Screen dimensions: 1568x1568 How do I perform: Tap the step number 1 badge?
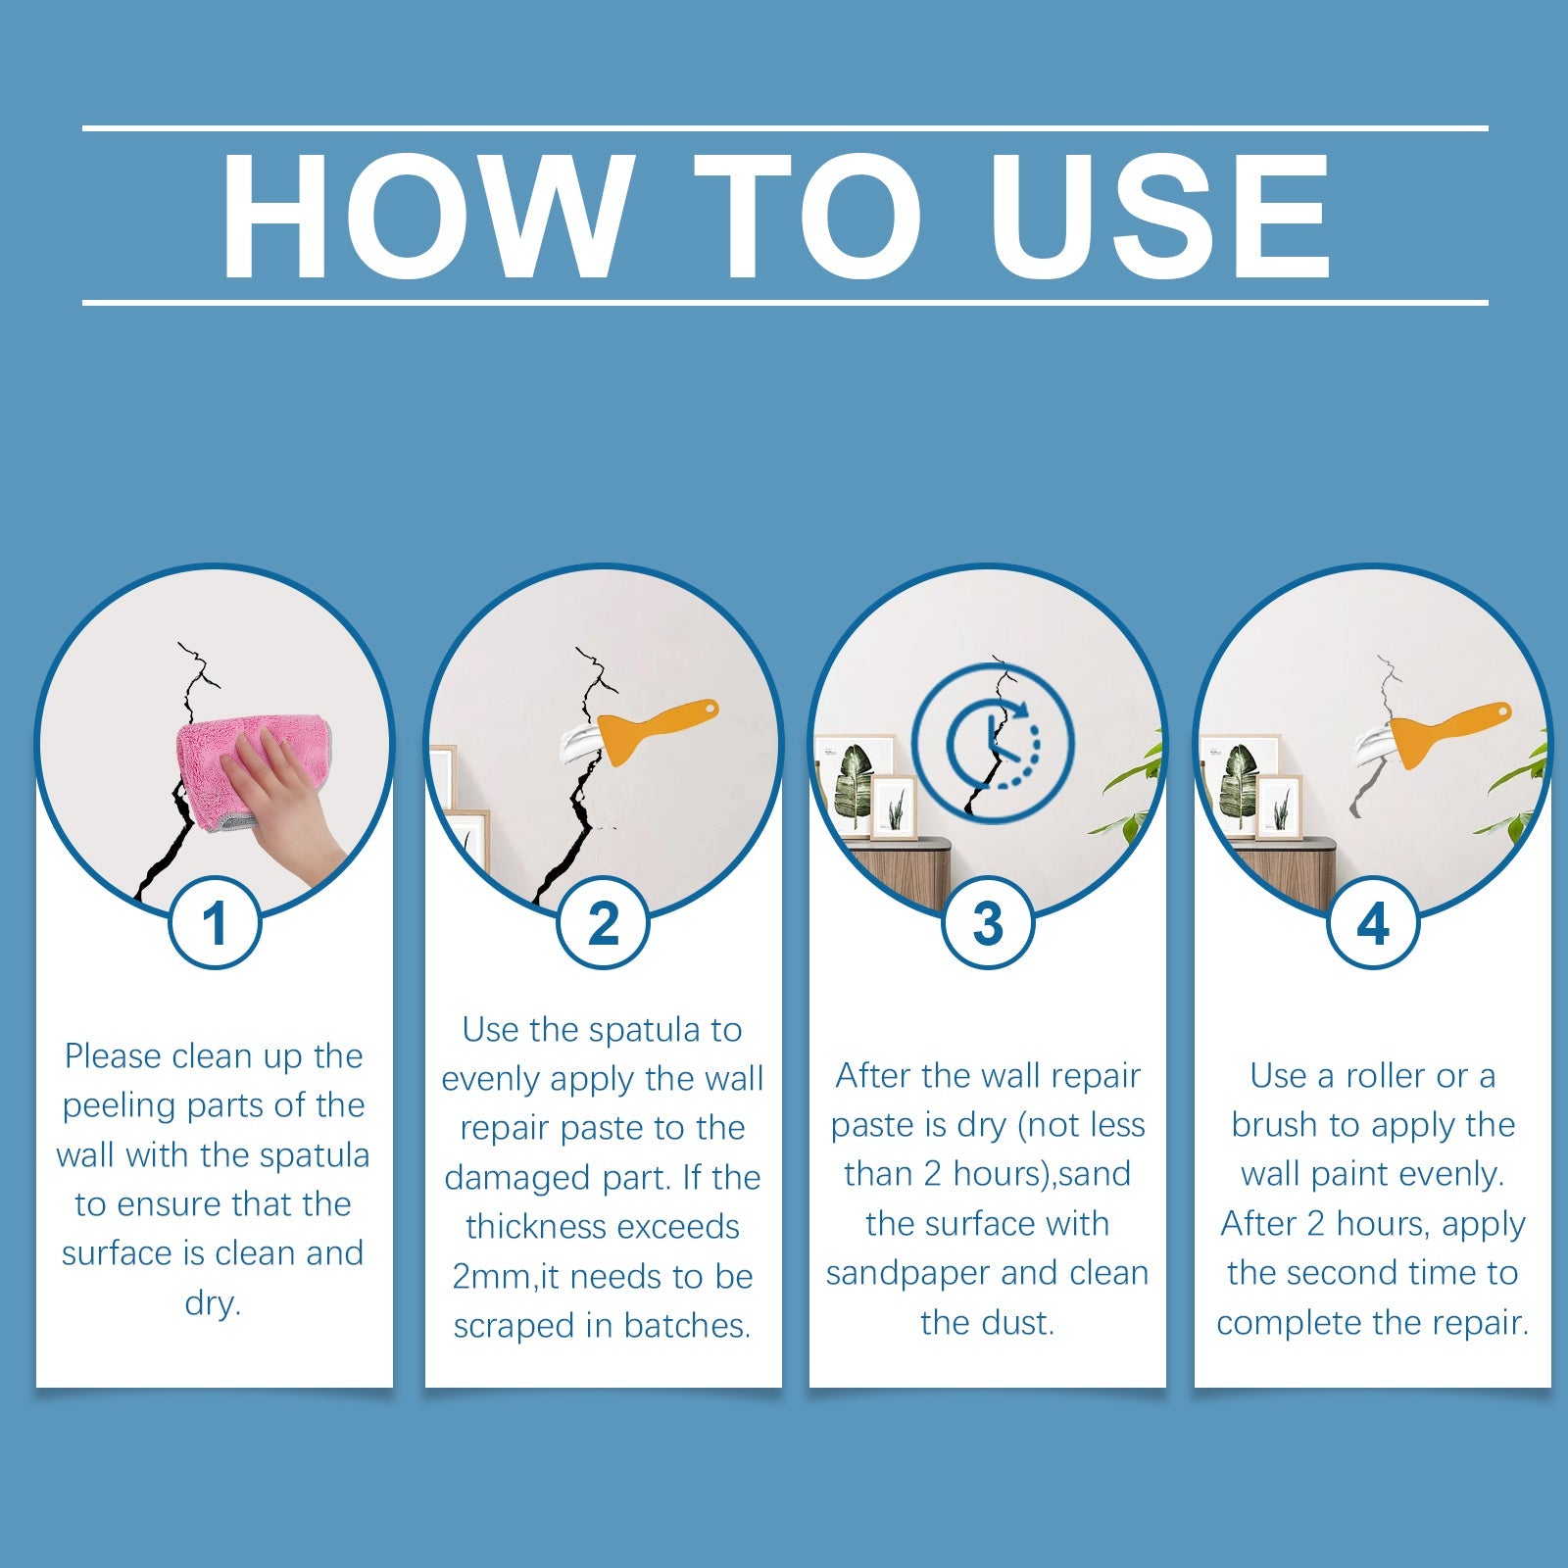[215, 923]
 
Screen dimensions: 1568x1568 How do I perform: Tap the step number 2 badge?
[603, 923]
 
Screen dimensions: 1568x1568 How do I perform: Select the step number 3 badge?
[988, 923]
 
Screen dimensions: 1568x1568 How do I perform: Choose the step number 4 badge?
[1373, 923]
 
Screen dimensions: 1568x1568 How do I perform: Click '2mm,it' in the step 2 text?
[506, 1277]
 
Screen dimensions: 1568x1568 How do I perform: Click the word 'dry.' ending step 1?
[213, 1303]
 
